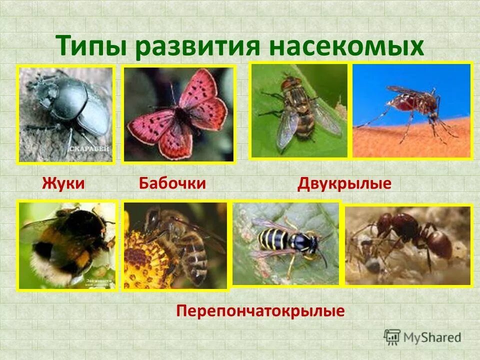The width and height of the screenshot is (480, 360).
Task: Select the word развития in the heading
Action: coord(197,45)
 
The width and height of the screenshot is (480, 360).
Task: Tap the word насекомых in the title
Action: coord(345,45)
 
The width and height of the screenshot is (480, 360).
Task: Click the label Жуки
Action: coord(63,183)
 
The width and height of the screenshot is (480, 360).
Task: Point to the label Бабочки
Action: coord(172,183)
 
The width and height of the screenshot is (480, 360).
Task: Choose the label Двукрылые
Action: coord(344,183)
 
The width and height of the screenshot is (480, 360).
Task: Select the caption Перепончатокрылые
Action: coord(260,311)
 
